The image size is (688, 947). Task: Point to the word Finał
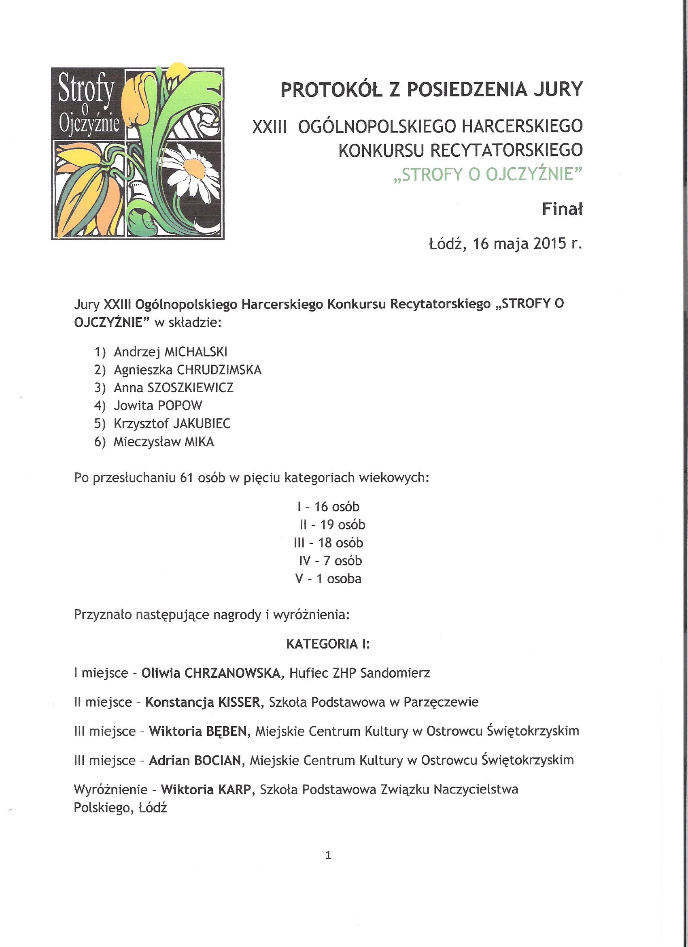click(562, 209)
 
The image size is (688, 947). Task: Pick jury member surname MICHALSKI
click(196, 352)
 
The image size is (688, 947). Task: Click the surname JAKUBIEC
click(202, 424)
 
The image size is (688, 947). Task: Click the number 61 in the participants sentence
click(187, 477)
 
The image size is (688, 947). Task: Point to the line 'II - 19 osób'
click(333, 525)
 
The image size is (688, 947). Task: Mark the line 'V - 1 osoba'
click(328, 579)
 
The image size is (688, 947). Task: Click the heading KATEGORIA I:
click(327, 644)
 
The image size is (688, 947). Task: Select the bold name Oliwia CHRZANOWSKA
click(211, 673)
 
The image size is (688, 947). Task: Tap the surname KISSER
click(239, 702)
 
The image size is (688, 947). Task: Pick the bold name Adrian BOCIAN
click(195, 760)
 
